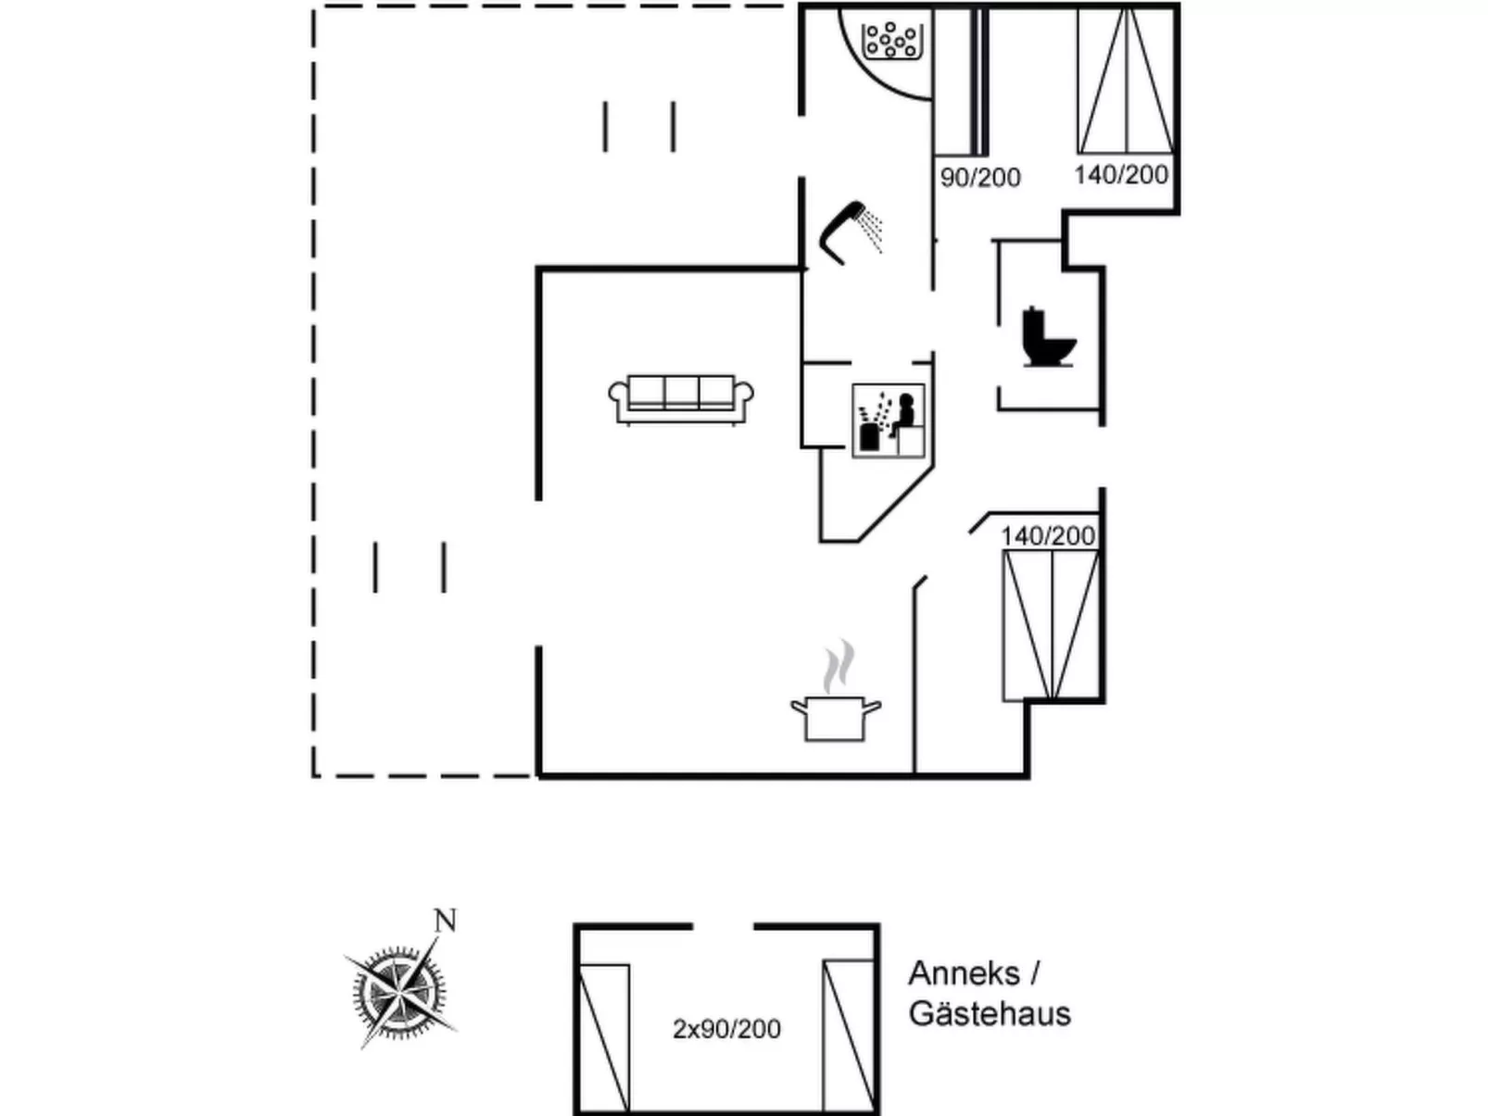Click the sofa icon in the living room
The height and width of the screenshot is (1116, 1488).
tap(681, 399)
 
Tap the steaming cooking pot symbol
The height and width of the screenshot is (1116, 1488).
tap(835, 717)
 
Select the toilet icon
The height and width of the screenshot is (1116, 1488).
tap(1049, 337)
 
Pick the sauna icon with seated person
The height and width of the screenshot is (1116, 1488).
tap(889, 420)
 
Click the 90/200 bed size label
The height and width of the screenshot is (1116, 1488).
tap(980, 177)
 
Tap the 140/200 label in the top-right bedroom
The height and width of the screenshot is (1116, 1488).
tap(1121, 174)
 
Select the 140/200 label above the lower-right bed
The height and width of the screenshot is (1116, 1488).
tap(1048, 535)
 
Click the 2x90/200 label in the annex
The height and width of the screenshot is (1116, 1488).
tap(726, 1029)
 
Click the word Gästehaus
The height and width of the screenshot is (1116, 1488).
tap(990, 1013)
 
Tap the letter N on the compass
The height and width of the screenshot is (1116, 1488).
tap(446, 921)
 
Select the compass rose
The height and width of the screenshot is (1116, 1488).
tap(398, 991)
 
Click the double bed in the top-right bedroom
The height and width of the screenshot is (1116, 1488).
tap(1126, 81)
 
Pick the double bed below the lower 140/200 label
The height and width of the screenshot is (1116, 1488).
tap(1051, 625)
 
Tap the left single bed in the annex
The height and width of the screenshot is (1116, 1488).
tap(604, 1036)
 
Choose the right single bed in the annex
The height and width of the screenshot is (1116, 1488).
tap(848, 1034)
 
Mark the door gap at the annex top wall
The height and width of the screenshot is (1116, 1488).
tap(723, 926)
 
